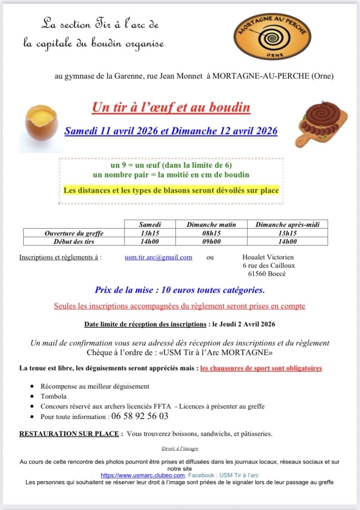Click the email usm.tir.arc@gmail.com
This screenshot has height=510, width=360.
click(x=158, y=257)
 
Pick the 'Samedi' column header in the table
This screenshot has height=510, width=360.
click(x=150, y=224)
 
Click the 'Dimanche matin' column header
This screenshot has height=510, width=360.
click(x=211, y=224)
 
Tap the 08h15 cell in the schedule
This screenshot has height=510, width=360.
click(x=211, y=233)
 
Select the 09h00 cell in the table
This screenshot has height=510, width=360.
click(x=211, y=242)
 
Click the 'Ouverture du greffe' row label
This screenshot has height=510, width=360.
click(x=74, y=233)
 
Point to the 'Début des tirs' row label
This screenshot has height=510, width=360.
click(x=74, y=242)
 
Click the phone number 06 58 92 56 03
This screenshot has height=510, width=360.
click(x=140, y=416)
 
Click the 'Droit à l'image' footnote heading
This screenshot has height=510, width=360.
click(x=180, y=448)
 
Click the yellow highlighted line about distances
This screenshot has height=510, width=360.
click(x=171, y=190)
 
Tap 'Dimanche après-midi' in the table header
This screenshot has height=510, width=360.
click(x=287, y=224)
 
